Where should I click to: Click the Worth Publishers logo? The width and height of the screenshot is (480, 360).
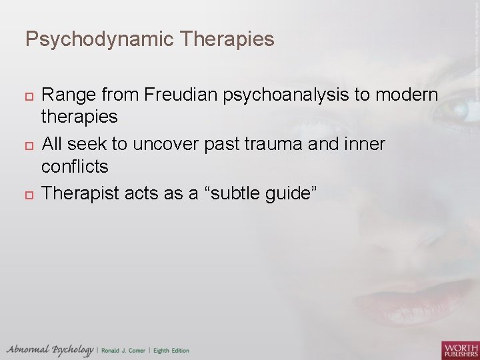click(459, 349)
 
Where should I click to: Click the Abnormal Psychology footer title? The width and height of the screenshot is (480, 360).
click(50, 350)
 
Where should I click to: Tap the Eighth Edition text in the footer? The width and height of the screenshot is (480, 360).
click(171, 351)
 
